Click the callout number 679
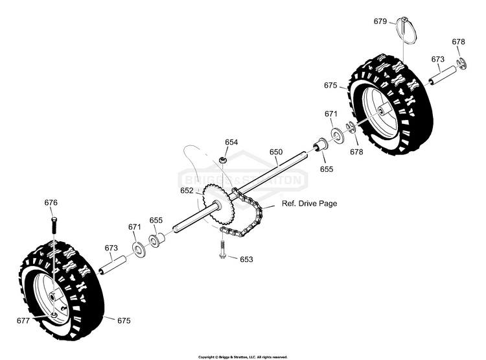coord(380,21)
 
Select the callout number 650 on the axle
coord(276,152)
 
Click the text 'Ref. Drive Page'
coord(309,204)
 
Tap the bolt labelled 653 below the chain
coord(222,250)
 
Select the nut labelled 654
coord(222,160)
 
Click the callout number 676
coord(51,202)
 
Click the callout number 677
coord(23,320)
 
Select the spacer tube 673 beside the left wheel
coord(113,265)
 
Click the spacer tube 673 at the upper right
coord(443,75)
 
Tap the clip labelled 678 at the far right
coord(462,64)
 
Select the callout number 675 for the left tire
coord(124,320)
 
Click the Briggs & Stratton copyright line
coord(243,357)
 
